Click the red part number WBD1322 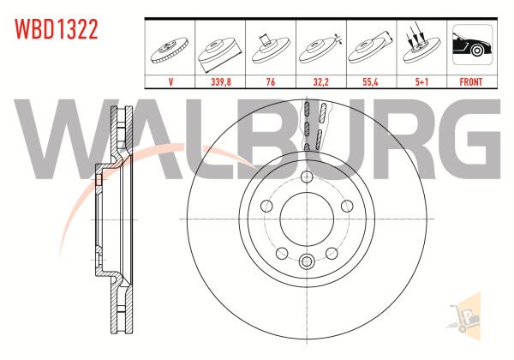pyautogui.click(x=56, y=29)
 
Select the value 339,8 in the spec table pyautogui.click(x=221, y=81)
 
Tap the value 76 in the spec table pyautogui.click(x=271, y=81)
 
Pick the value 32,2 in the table pyautogui.click(x=320, y=81)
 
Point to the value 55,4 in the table pyautogui.click(x=370, y=81)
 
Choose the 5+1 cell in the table pyautogui.click(x=421, y=81)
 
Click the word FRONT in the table pyautogui.click(x=470, y=81)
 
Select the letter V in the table pyautogui.click(x=170, y=81)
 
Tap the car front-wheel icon pyautogui.click(x=472, y=45)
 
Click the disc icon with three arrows pyautogui.click(x=421, y=47)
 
